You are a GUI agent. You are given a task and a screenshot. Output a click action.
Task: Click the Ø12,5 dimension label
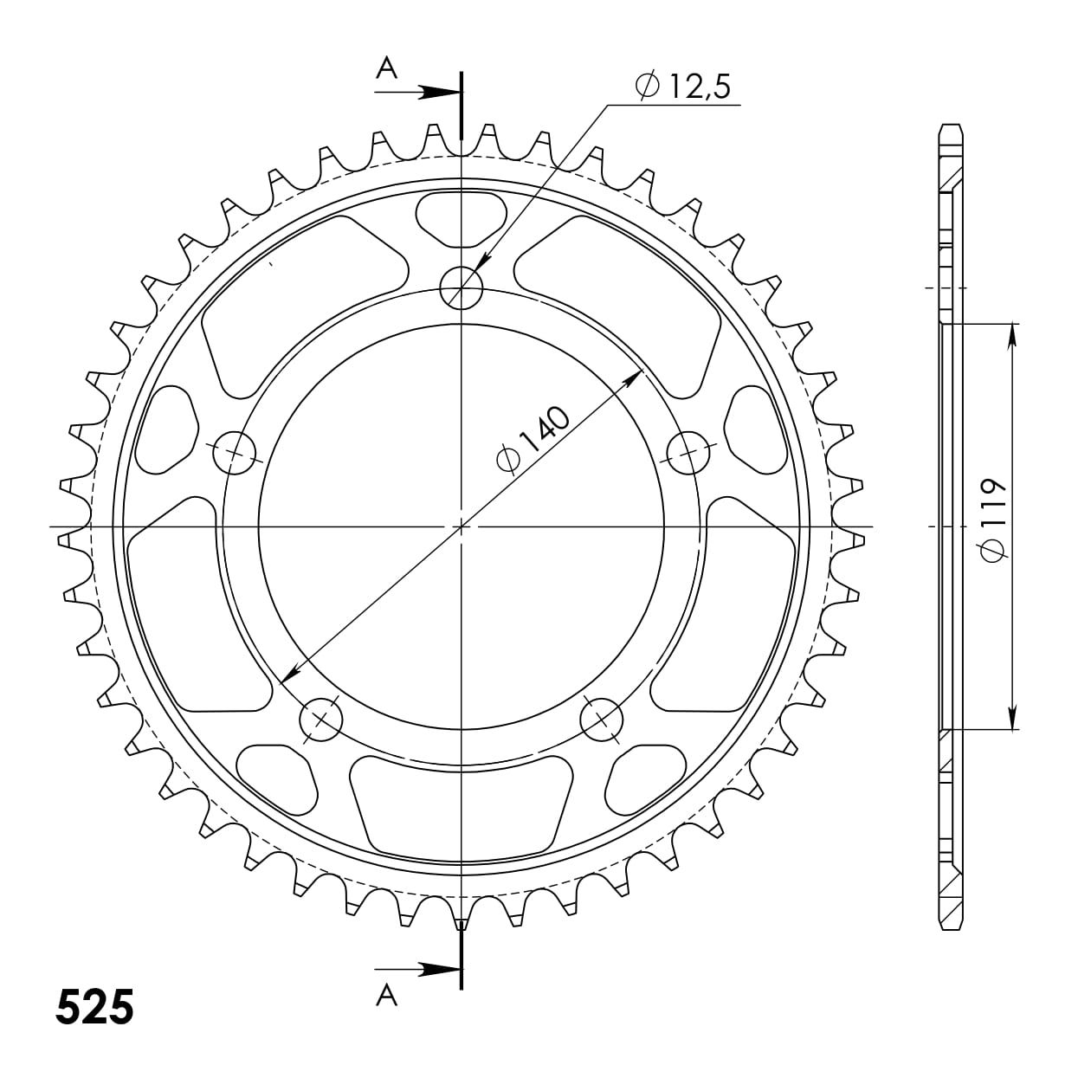[682, 87]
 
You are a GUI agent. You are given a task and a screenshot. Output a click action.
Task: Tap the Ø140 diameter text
[533, 437]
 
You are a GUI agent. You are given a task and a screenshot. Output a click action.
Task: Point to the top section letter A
[387, 68]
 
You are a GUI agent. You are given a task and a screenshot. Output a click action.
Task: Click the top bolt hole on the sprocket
[462, 287]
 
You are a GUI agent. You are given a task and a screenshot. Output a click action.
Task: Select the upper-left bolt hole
[235, 453]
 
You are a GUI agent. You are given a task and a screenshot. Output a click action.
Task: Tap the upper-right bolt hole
[688, 452]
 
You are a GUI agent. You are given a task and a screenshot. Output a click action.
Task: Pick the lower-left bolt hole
[321, 720]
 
